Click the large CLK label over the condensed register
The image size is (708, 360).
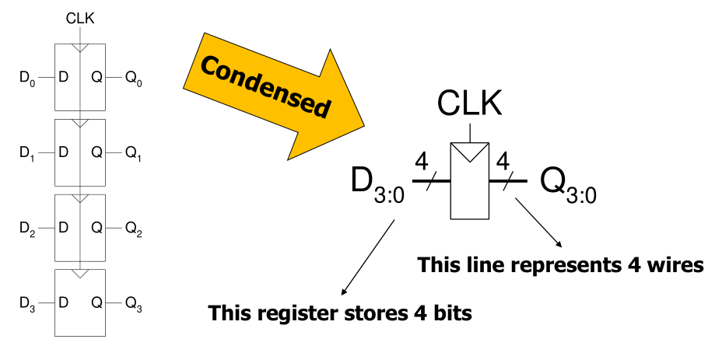[470, 102]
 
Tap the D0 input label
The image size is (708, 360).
[29, 78]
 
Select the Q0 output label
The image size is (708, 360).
[135, 78]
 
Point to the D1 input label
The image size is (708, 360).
[29, 153]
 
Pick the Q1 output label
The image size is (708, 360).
[135, 153]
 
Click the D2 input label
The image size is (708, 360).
[29, 228]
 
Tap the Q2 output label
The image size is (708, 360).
[135, 228]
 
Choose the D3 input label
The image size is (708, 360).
[29, 302]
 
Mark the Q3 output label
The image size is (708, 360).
[135, 302]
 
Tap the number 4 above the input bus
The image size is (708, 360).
[422, 164]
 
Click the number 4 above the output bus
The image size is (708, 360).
[503, 164]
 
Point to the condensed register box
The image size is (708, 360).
[470, 187]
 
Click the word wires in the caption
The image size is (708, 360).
[675, 265]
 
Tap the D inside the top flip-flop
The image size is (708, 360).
[63, 78]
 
